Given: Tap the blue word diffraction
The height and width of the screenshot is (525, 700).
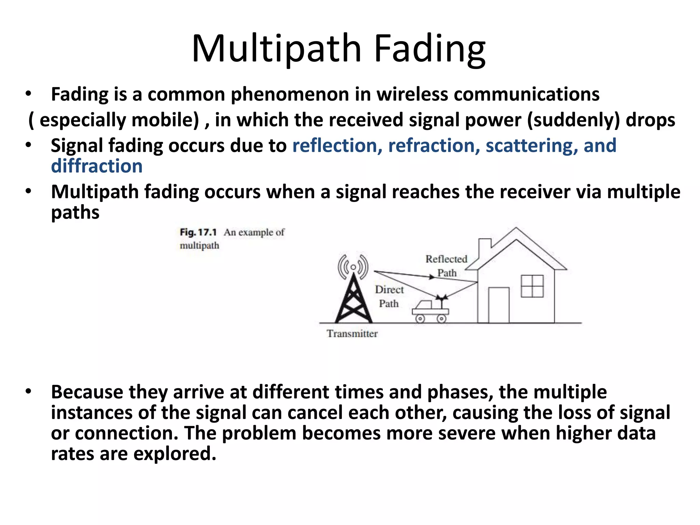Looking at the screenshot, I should click(x=97, y=166).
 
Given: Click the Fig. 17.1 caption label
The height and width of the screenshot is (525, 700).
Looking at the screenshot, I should click(x=198, y=232).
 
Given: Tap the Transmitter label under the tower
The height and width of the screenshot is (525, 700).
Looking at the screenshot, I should click(x=352, y=334).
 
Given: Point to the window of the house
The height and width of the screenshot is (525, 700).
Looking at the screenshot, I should click(x=532, y=286).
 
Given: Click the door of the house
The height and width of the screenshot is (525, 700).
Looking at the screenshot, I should click(x=499, y=305).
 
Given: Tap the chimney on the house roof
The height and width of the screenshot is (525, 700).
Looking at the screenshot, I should click(x=484, y=248).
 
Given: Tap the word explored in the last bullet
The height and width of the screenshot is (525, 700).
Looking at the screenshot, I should click(x=175, y=454).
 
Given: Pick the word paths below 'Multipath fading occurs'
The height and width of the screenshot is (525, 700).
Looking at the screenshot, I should click(x=75, y=213).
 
